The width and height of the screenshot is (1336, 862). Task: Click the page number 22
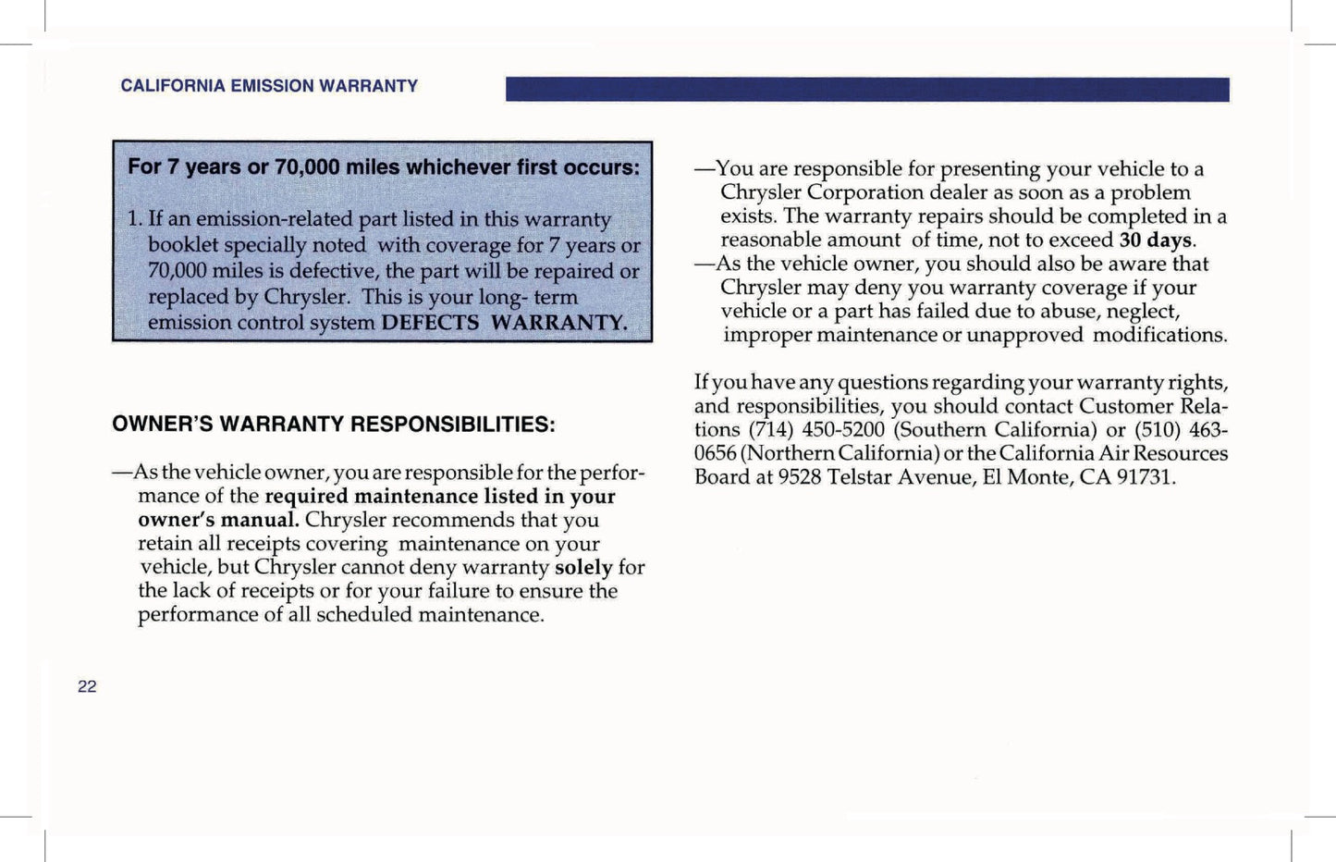(x=87, y=686)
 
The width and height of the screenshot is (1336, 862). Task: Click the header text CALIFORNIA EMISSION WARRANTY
(x=269, y=86)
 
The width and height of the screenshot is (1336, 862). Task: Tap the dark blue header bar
(x=867, y=90)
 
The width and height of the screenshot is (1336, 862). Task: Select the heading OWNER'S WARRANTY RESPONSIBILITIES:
(x=334, y=425)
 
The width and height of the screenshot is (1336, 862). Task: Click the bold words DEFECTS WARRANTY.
(x=504, y=323)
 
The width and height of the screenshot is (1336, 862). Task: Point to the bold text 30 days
(x=1156, y=240)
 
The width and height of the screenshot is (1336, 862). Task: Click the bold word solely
(x=583, y=567)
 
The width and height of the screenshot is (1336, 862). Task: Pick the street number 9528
(x=800, y=477)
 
